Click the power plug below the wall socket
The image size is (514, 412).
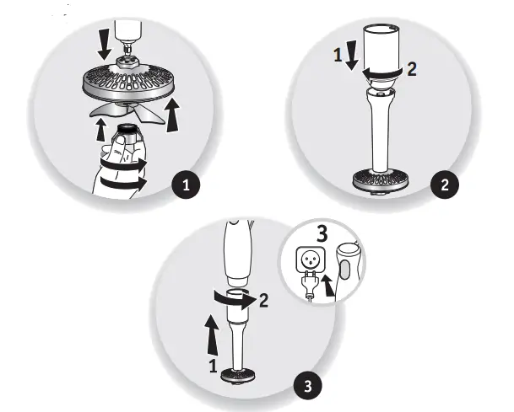pos(309,286)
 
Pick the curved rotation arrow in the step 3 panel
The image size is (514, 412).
pos(231,297)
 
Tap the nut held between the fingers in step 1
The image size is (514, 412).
pos(128,135)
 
